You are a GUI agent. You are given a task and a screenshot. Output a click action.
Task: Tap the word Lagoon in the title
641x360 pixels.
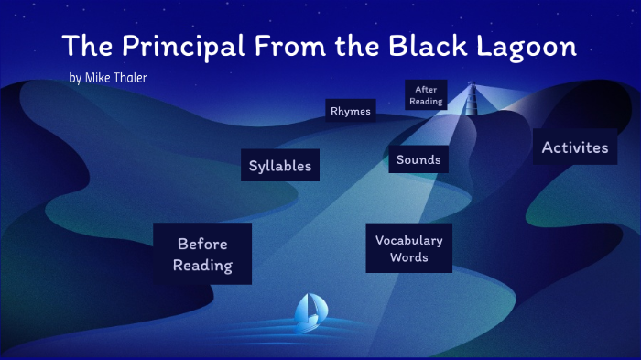531,45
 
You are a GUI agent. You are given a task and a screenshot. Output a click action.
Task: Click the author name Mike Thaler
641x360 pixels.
115,78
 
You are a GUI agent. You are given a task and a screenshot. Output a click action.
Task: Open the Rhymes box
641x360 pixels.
351,111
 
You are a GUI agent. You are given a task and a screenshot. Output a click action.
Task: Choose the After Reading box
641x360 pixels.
426,95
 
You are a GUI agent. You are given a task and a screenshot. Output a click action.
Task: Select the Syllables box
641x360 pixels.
280,166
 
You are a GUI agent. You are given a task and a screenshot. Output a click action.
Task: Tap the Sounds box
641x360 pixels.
418,159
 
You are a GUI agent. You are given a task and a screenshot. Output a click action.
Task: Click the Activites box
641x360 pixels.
574,147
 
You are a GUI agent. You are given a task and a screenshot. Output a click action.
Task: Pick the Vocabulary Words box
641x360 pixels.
408,248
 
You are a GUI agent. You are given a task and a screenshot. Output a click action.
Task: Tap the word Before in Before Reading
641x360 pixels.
202,244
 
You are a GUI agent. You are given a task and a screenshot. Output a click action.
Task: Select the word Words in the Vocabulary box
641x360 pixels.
408,257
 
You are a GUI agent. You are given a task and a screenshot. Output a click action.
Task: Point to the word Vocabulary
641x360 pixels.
408,240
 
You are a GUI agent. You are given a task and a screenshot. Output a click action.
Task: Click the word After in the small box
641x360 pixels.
426,90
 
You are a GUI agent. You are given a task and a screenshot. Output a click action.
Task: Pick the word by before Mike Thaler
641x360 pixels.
74,78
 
